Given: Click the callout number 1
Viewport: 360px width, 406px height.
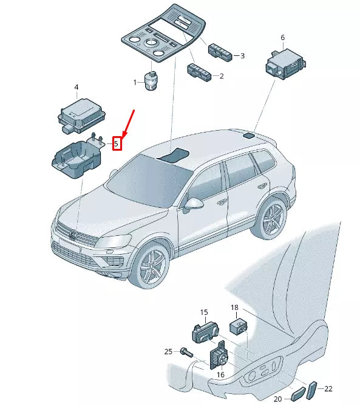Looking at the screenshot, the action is click(135, 83).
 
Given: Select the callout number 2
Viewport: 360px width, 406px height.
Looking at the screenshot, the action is click(222, 76).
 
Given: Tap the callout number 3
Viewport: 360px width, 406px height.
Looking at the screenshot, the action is click(242, 56).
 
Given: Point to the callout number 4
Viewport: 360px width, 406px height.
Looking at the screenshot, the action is click(76, 88).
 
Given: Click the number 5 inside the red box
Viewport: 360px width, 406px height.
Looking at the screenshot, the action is click(117, 143).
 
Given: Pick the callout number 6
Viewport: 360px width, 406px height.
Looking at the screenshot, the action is click(283, 38).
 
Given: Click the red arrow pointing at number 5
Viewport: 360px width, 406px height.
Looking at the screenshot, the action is click(127, 124).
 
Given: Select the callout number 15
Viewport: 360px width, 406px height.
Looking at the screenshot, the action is click(204, 312).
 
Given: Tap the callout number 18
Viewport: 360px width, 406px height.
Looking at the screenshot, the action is click(234, 308).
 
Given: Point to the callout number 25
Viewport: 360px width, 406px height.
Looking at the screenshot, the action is click(168, 352).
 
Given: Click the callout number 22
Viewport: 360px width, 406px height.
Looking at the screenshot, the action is click(328, 388).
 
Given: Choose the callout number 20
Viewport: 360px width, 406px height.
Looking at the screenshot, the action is click(278, 399).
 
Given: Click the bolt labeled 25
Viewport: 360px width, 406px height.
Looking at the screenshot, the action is click(187, 352).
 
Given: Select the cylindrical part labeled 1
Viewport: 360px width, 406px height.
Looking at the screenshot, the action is click(151, 80).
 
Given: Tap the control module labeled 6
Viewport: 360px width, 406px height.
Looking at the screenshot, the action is click(285, 64).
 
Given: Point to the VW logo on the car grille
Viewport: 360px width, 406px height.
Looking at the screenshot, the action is click(73, 235).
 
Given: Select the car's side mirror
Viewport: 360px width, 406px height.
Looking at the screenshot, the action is click(192, 205).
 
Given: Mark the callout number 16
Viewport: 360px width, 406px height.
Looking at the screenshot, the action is click(220, 374).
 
